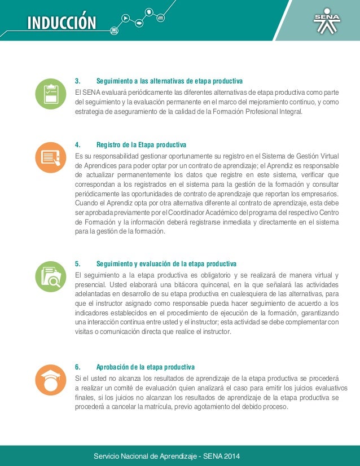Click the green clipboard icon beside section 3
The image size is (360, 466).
[x=50, y=94]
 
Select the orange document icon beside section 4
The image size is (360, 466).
[x=50, y=157]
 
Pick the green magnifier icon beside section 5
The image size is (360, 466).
[x=50, y=275]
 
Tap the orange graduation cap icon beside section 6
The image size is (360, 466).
[x=50, y=380]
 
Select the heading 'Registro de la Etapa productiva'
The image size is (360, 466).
[x=141, y=145]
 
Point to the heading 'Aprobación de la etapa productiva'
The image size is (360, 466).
[x=146, y=367]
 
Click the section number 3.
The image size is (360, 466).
[x=77, y=80]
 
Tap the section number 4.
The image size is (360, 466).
[x=77, y=145]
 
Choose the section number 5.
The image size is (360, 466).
[x=77, y=263]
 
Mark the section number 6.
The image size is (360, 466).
[x=77, y=367]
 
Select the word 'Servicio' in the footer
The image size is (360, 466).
[x=107, y=456]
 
